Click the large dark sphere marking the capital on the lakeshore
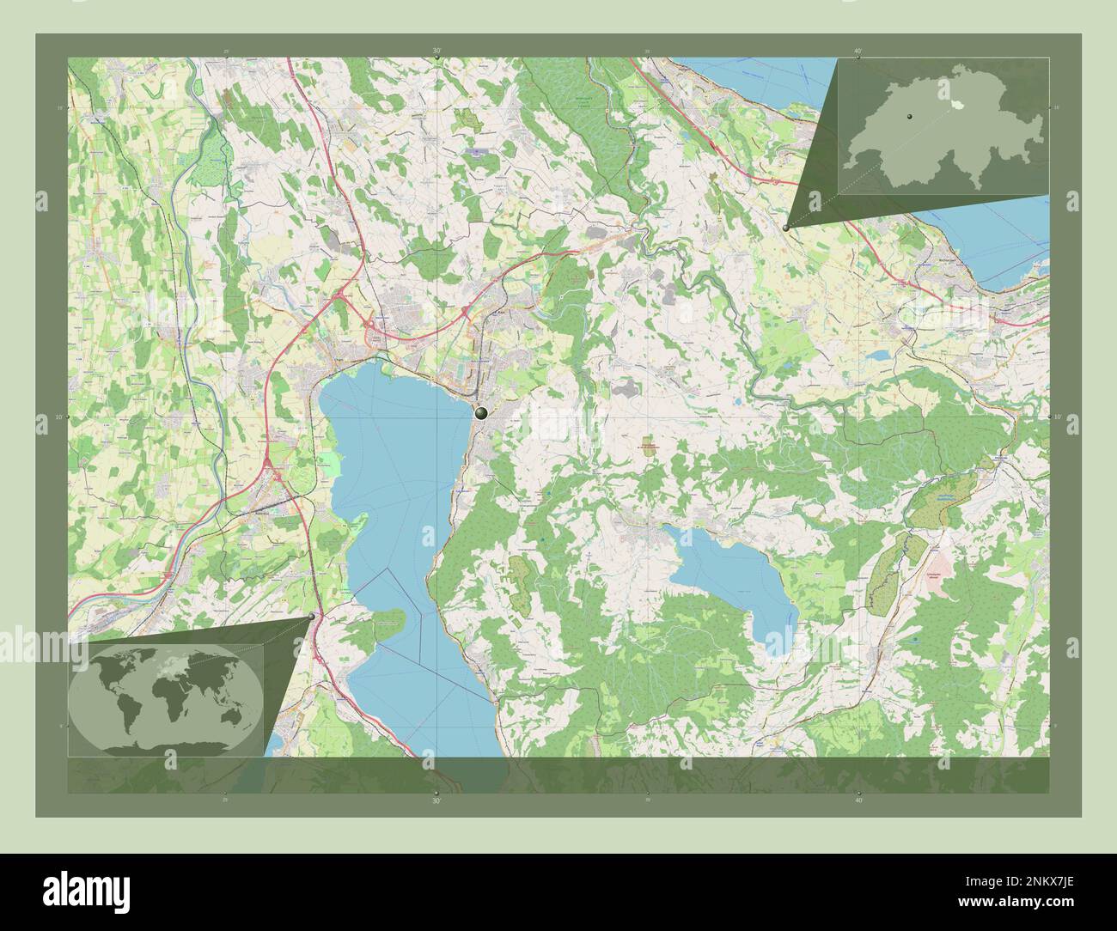point(481,412)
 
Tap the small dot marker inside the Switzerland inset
point(906,113)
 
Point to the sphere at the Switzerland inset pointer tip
point(786,227)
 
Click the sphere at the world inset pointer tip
point(311,616)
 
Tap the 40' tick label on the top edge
point(858,52)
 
